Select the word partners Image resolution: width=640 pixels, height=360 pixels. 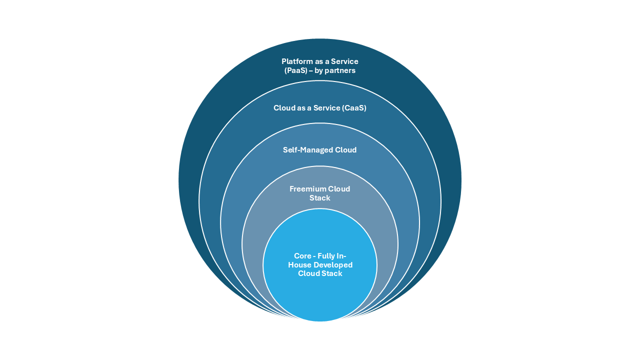coord(340,70)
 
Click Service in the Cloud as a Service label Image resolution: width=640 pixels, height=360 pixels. coord(326,108)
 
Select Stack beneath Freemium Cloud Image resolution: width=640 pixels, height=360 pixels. coord(320,198)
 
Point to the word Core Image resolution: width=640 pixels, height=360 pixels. coord(303,256)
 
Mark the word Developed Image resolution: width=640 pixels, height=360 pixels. coord(333,265)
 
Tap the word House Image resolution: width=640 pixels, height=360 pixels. coord(299,265)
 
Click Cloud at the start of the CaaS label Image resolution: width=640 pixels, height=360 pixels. coord(283,108)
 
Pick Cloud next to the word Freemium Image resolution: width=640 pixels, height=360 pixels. coord(339,189)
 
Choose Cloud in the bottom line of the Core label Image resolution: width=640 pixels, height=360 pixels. coord(308,273)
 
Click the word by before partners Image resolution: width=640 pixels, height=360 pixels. coord(319,70)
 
